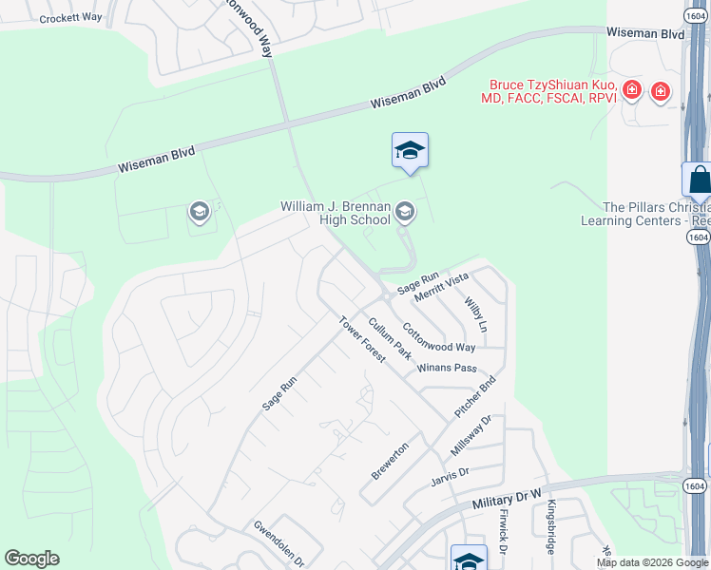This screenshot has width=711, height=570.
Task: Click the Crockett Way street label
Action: pyautogui.click(x=70, y=17)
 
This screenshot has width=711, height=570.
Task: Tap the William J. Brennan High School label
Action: pyautogui.click(x=335, y=213)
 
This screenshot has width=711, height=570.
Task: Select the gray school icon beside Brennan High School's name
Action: pyautogui.click(x=405, y=211)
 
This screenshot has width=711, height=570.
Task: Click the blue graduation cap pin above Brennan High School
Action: pyautogui.click(x=410, y=151)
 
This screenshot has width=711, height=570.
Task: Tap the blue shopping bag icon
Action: pyautogui.click(x=699, y=179)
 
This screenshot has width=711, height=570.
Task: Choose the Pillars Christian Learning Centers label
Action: pyautogui.click(x=645, y=214)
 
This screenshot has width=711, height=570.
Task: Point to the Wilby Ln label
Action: pyautogui.click(x=475, y=314)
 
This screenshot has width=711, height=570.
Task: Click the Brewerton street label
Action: pyautogui.click(x=390, y=461)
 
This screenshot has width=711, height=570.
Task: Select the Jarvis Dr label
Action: pyautogui.click(x=451, y=472)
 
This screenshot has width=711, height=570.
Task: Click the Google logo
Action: pyautogui.click(x=31, y=559)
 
